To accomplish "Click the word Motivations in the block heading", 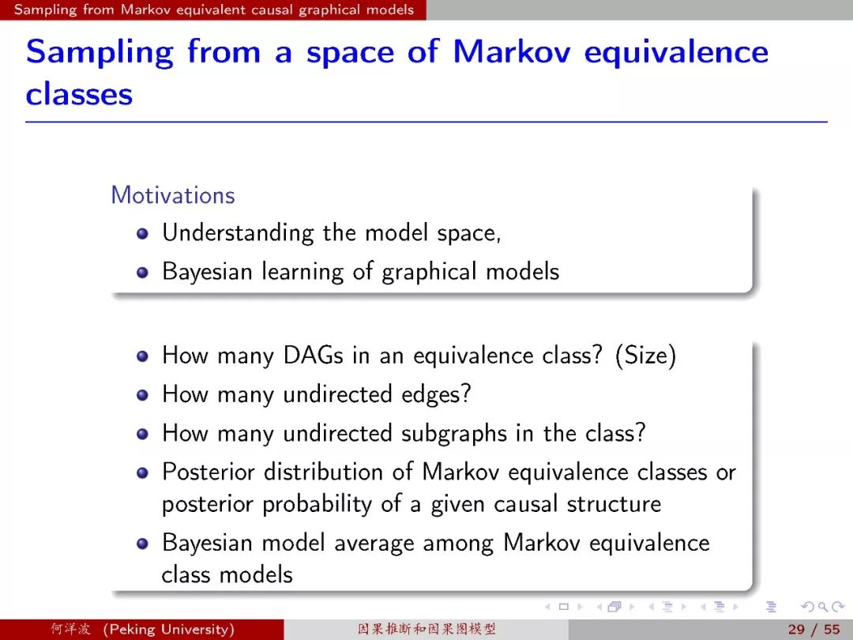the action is (173, 195).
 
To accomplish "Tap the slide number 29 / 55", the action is (814, 630).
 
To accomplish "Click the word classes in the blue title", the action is (80, 94).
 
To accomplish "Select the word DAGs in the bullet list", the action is (314, 356).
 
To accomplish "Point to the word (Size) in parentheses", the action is (646, 356).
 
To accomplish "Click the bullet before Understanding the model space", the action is (142, 233).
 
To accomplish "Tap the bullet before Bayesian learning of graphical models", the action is (142, 272).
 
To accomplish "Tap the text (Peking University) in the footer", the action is (169, 630).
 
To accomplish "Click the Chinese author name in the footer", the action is (71, 630).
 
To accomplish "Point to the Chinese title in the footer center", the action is (426, 630).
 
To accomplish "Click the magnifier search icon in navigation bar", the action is (822, 607).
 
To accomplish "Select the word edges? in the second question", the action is (436, 395).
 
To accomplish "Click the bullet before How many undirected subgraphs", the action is (142, 435).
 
